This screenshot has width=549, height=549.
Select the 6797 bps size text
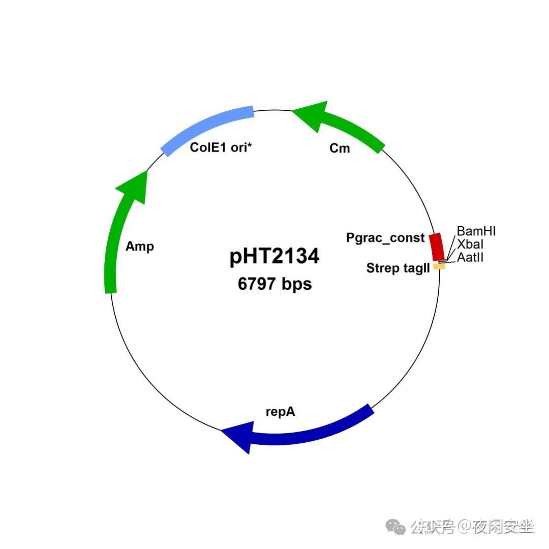coord(274,284)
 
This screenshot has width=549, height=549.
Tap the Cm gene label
coord(340,148)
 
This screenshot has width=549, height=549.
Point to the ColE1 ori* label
coord(221,147)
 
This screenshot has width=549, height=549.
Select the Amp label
coord(140,247)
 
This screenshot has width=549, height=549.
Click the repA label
coord(280,411)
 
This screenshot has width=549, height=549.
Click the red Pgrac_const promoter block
coord(437,247)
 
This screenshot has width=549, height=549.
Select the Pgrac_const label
coord(385,237)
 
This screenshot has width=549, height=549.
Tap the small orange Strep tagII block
coord(439,266)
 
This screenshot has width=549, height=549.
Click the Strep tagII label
coord(398,268)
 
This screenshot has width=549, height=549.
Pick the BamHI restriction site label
coord(476,232)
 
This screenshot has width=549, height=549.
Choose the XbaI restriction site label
coord(470,245)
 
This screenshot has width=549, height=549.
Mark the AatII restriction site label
coord(470,258)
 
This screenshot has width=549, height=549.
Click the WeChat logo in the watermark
coord(396,527)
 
